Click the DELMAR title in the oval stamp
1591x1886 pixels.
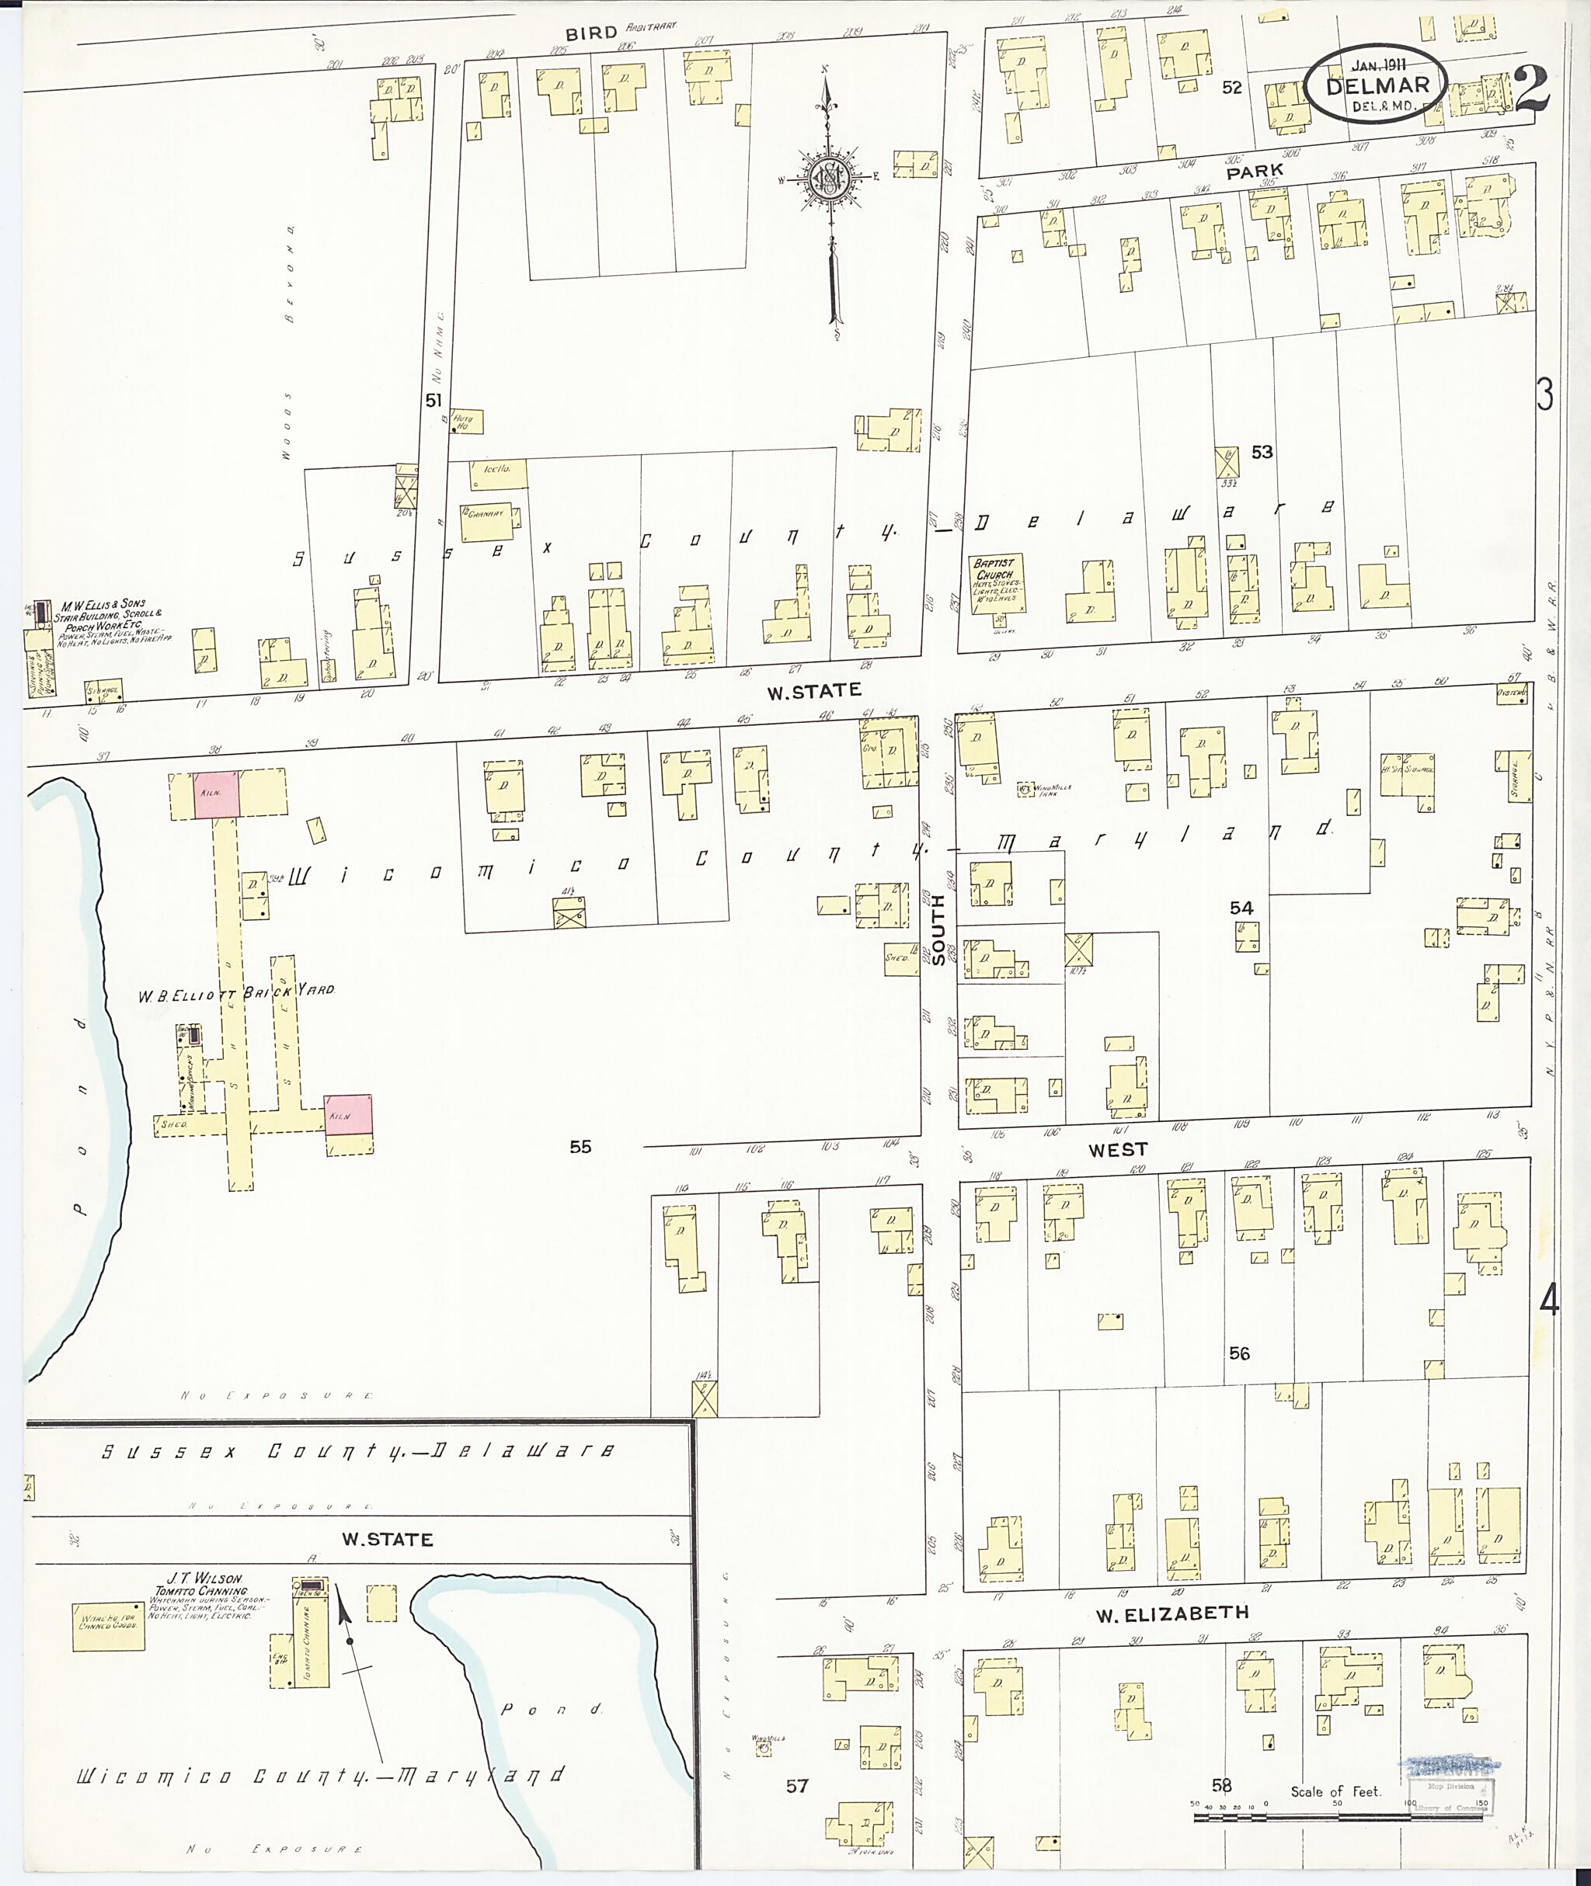pyautogui.click(x=1377, y=85)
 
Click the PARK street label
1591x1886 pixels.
pyautogui.click(x=1254, y=170)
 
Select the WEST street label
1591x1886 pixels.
pyautogui.click(x=1117, y=1149)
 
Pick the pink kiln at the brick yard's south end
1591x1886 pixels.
pyautogui.click(x=348, y=1114)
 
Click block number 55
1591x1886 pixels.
pyautogui.click(x=580, y=1147)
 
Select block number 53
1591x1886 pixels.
pyautogui.click(x=1261, y=452)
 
